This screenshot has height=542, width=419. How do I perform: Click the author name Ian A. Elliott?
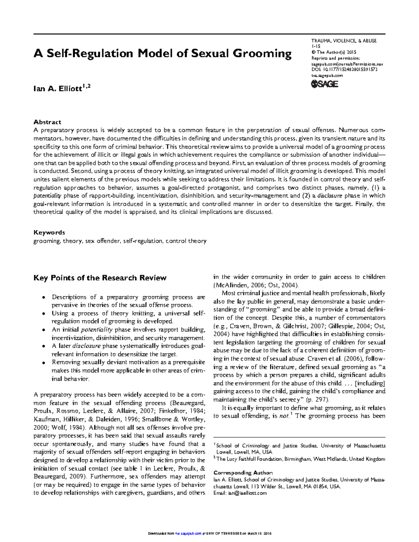[x=62, y=88]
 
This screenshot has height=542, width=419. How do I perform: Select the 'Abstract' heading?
[x=47, y=122]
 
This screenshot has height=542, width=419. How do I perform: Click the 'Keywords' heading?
[x=49, y=232]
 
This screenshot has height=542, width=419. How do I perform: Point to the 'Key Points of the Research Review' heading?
[x=100, y=278]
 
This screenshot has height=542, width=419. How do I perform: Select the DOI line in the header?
[x=344, y=69]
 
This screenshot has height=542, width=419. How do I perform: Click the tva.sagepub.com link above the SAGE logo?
[x=327, y=75]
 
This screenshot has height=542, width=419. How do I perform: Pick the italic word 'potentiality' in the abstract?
[x=47, y=195]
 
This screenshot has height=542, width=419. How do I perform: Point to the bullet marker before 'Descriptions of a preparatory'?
[x=43, y=298]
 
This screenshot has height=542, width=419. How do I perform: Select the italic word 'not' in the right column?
[x=285, y=416]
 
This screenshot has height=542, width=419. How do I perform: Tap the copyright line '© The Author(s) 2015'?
[x=333, y=52]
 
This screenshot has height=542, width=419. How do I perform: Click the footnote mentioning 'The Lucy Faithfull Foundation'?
[x=300, y=459]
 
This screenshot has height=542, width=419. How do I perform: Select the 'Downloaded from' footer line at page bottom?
[x=209, y=534]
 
